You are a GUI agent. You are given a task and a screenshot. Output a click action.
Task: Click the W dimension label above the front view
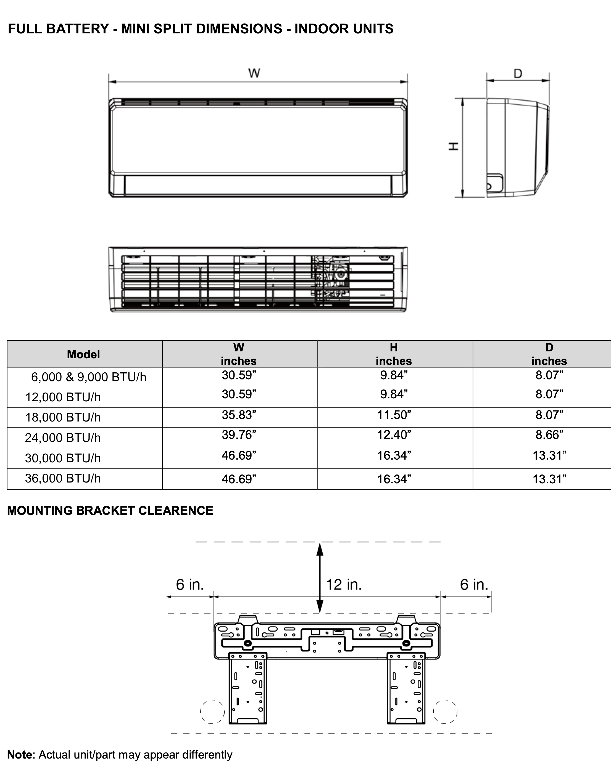pyautogui.click(x=254, y=73)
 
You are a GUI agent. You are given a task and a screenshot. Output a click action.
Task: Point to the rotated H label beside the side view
pyautogui.click(x=454, y=146)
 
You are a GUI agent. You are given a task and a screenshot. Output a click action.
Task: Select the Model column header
pyautogui.click(x=83, y=354)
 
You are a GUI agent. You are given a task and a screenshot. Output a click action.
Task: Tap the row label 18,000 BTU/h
pyautogui.click(x=63, y=417)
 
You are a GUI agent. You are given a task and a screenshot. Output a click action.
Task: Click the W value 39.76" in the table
pyautogui.click(x=239, y=434)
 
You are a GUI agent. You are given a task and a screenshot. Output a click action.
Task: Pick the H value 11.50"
pyautogui.click(x=394, y=415)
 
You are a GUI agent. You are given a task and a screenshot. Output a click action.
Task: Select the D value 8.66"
pyautogui.click(x=549, y=434)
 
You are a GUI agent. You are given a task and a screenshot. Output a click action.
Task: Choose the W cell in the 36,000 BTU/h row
pyautogui.click(x=239, y=479)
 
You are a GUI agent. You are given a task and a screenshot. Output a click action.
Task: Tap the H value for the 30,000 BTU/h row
pyautogui.click(x=394, y=455)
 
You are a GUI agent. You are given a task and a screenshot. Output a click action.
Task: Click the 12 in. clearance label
pyautogui.click(x=344, y=584)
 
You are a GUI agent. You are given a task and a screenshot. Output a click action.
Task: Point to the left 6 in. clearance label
pyautogui.click(x=190, y=584)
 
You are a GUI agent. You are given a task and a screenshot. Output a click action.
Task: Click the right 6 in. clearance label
pyautogui.click(x=474, y=584)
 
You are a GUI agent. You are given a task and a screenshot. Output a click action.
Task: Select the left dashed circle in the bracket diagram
pyautogui.click(x=212, y=711)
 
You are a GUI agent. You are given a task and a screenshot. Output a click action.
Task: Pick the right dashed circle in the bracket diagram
pyautogui.click(x=445, y=711)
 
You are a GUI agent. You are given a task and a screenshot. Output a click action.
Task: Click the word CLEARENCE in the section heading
pyautogui.click(x=176, y=511)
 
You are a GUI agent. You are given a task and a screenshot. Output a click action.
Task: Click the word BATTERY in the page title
pyautogui.click(x=78, y=29)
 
